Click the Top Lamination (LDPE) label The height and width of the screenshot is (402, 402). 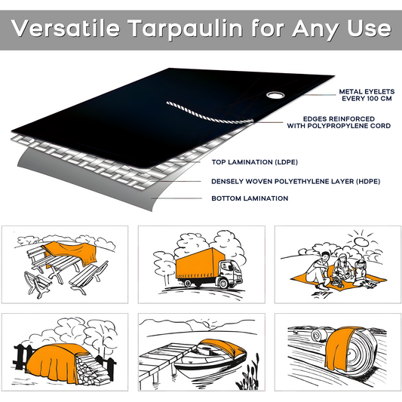(253, 161)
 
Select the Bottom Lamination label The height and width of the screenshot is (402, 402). (250, 198)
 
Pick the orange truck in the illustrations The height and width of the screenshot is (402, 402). (202, 268)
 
